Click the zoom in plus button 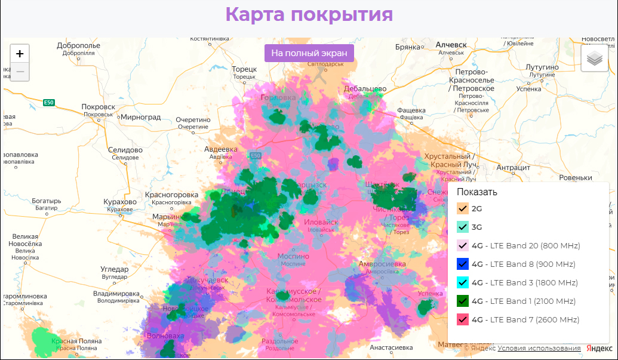click(x=20, y=54)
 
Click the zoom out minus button click(x=20, y=72)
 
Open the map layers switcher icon click(x=595, y=59)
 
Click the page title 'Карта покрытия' click(x=309, y=15)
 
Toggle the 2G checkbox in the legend click(x=462, y=208)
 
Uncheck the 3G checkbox click(x=462, y=227)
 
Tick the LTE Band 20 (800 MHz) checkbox click(x=462, y=245)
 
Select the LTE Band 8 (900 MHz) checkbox click(x=462, y=264)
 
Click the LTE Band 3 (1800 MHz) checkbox click(x=462, y=282)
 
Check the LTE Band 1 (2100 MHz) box click(x=462, y=301)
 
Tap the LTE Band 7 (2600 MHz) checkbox click(x=462, y=319)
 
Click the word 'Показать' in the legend click(x=476, y=192)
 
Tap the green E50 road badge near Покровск click(x=49, y=103)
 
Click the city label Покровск click(x=98, y=107)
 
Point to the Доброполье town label click(x=78, y=45)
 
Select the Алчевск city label click(x=451, y=45)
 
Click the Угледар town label click(x=115, y=270)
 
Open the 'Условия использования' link click(x=539, y=348)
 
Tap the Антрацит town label click(x=514, y=168)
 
